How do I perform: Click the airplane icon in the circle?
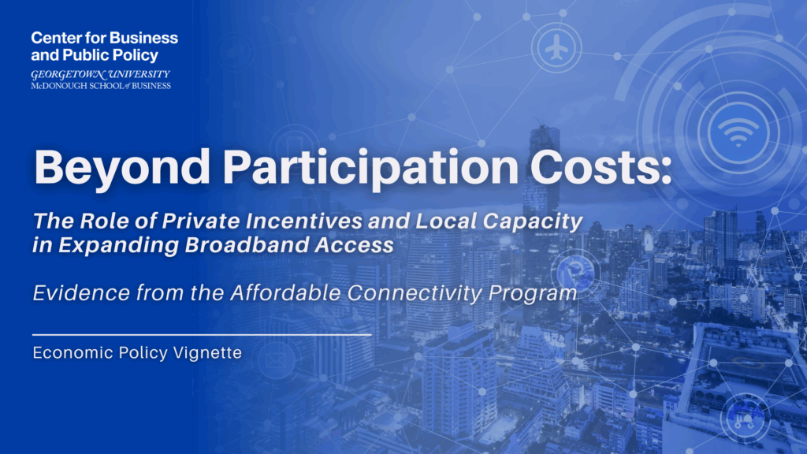557,48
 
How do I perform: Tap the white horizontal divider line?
202,334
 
